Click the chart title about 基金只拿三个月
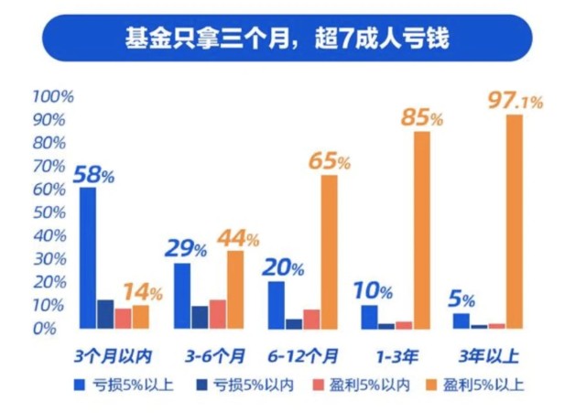pos(292,39)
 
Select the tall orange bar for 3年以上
pos(515,220)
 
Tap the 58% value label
pos(93,172)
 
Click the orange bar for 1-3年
pos(421,229)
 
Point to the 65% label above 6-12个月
pos(328,161)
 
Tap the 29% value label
pos(183,248)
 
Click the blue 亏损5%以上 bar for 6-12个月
pos(276,303)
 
